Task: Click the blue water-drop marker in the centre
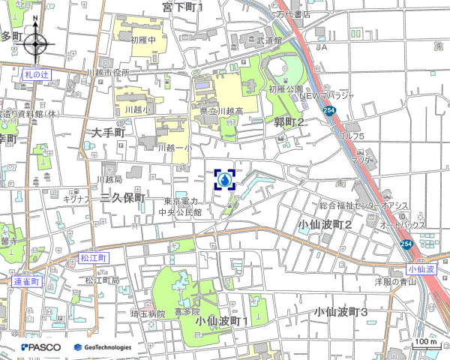225,180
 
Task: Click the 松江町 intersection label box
94,257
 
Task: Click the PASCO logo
41,347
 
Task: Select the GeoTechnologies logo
103,347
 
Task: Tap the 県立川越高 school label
221,111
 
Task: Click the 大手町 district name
109,132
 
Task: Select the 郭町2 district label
289,122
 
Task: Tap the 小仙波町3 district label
341,311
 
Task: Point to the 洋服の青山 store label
395,282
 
